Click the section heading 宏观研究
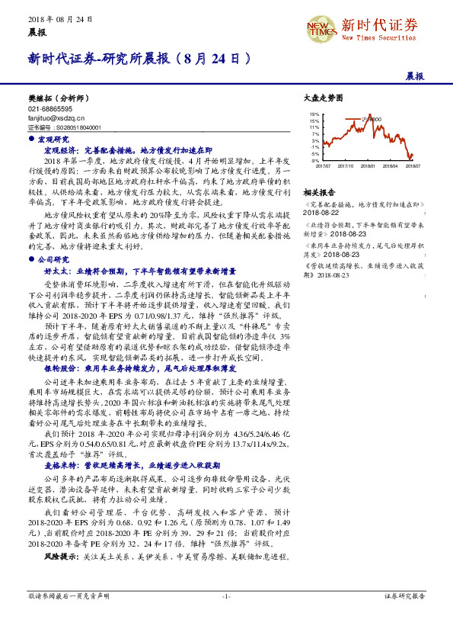(53, 140)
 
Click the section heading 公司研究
(53, 259)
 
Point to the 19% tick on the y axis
(314, 114)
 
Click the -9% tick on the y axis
(315, 161)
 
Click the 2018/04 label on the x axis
(391, 165)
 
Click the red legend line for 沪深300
(356, 119)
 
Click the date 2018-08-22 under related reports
(320, 213)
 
